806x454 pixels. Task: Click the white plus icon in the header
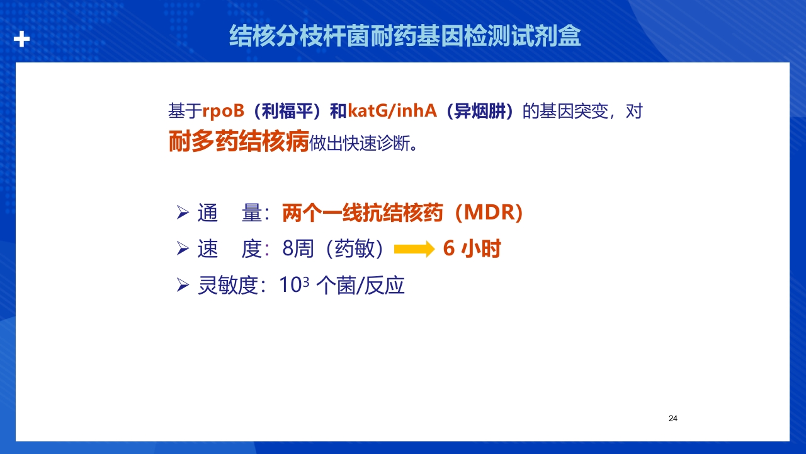21,39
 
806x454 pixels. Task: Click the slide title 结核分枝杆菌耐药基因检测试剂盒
405,36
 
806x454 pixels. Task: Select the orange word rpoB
224,110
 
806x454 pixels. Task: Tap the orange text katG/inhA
392,110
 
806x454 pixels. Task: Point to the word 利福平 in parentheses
287,111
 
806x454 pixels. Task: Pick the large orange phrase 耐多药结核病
239,141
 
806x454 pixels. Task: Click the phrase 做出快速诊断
360,143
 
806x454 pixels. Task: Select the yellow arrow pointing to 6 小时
414,249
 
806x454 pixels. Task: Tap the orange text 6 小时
472,248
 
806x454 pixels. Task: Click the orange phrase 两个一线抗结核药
362,212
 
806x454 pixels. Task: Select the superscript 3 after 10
306,282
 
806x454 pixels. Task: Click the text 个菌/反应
360,286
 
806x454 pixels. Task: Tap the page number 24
673,418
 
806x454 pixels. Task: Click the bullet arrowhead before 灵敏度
183,286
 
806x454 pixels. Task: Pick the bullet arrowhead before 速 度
183,248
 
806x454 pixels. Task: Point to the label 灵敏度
228,286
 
